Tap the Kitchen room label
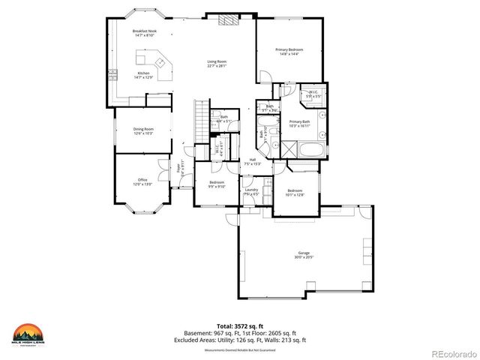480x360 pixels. point(143,74)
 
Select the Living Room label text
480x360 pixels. point(217,63)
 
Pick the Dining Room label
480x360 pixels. point(143,131)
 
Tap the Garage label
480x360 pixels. point(304,254)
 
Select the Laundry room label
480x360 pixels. point(252,192)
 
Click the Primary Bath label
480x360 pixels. point(299,123)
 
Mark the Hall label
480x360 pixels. point(253,161)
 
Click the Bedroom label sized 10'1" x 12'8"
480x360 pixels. point(295,193)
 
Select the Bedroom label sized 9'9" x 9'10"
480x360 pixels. point(217,184)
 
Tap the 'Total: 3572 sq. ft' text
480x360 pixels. point(240,327)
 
